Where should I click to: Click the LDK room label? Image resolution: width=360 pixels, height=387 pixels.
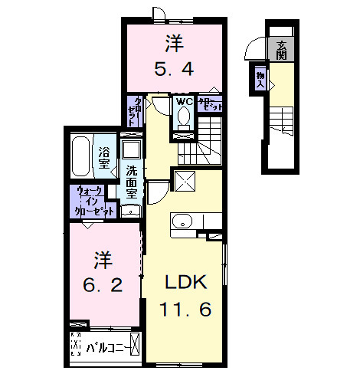coord(184,282)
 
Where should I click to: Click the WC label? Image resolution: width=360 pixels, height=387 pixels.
coord(183,101)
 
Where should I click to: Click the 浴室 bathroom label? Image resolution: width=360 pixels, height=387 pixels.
coord(103,157)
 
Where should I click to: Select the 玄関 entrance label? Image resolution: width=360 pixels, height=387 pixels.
coord(282,50)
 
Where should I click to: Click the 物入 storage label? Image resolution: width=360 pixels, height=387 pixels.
coord(260,79)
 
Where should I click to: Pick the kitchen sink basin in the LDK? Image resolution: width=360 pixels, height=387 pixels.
coord(182,221)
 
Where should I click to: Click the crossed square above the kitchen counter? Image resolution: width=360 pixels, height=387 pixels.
coord(185,182)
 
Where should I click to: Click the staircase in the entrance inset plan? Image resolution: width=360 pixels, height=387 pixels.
coord(282,120)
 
